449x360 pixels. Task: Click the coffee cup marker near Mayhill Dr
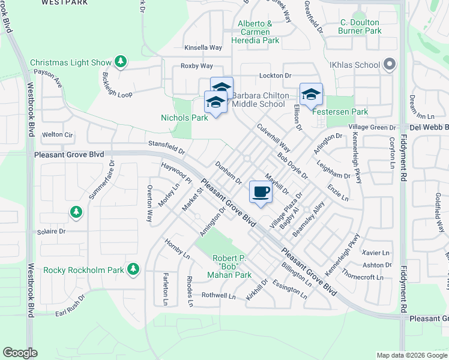(261, 193)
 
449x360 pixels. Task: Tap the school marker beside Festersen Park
(311, 95)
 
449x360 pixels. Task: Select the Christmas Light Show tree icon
(121, 62)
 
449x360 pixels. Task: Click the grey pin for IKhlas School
(390, 65)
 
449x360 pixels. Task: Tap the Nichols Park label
(184, 118)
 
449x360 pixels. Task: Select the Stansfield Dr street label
(166, 144)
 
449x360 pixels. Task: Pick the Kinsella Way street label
(203, 47)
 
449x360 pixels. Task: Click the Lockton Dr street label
(275, 76)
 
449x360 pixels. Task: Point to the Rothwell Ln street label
(218, 295)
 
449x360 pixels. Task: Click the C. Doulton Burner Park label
(360, 26)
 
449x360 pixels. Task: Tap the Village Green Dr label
(373, 128)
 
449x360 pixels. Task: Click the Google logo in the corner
(20, 353)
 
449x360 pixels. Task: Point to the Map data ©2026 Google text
(412, 355)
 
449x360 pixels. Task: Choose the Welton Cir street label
(57, 135)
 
